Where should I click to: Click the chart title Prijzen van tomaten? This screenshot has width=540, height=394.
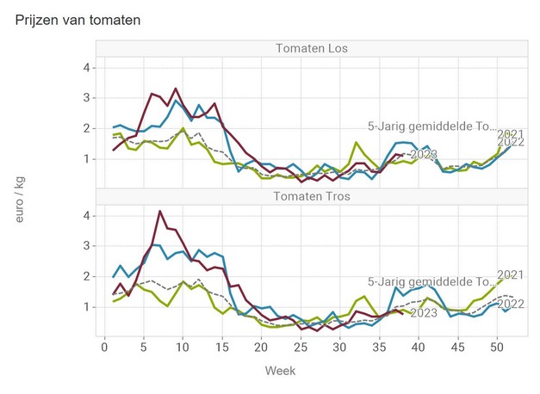[x=78, y=18]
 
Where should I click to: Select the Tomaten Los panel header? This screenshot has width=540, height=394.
[x=311, y=47]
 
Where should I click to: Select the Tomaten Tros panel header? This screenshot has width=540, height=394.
[x=311, y=195]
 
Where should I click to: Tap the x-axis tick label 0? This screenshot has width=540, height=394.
[x=103, y=347]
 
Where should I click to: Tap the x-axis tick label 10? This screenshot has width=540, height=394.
[x=182, y=347]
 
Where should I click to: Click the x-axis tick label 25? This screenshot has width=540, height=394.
[x=300, y=347]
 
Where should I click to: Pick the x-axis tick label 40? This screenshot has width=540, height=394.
[x=418, y=347]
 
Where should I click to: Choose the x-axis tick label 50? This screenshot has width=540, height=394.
[x=496, y=347]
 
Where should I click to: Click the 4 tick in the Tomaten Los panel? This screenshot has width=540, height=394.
[x=86, y=67]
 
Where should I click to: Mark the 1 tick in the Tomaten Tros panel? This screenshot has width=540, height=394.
[x=86, y=306]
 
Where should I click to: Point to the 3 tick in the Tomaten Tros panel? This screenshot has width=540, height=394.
[x=86, y=245]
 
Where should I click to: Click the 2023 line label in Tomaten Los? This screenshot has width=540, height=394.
[x=425, y=154]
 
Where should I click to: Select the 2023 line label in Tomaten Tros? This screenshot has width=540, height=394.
[x=424, y=313]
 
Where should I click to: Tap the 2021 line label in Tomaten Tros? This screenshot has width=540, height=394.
[x=511, y=275]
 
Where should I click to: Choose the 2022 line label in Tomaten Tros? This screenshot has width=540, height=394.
[x=512, y=304]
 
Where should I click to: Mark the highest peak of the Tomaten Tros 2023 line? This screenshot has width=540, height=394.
[x=159, y=211]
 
